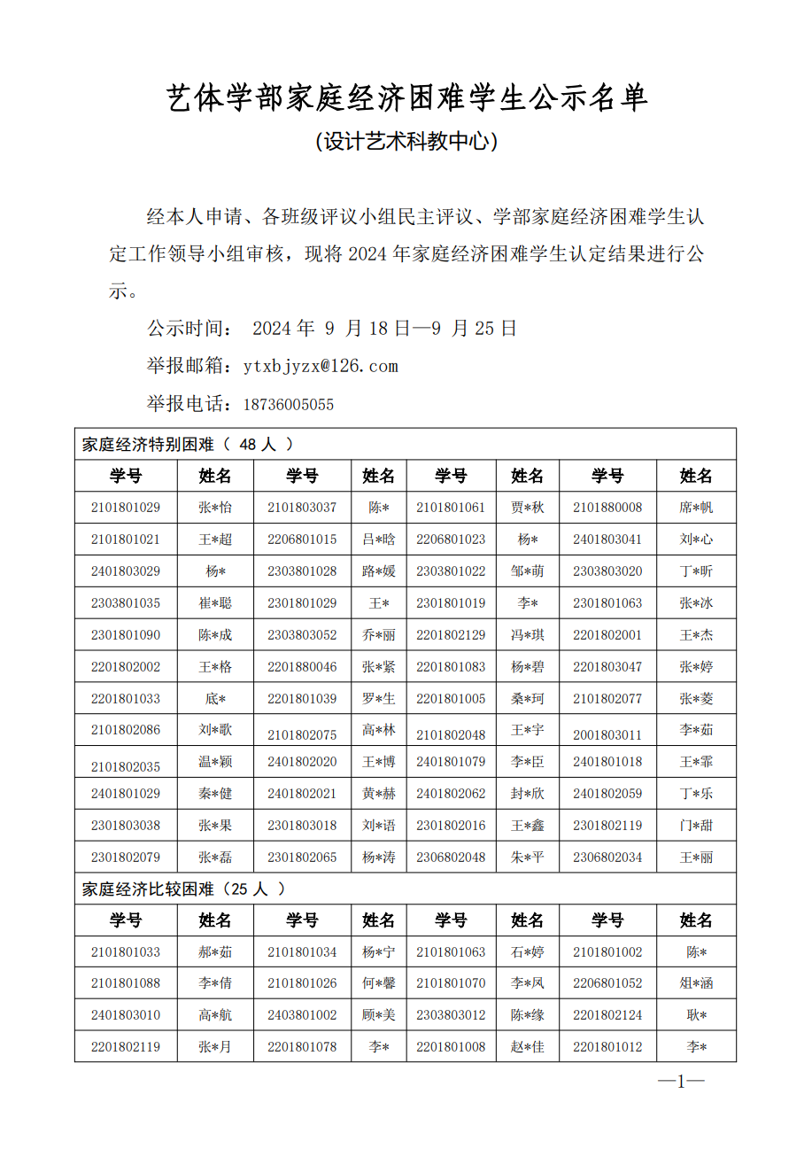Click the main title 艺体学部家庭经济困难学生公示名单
tap(406, 98)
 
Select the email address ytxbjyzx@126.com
tap(321, 366)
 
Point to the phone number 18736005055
tap(289, 405)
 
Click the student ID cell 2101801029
tap(126, 508)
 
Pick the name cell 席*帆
tap(696, 508)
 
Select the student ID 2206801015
tap(302, 540)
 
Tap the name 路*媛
tap(378, 571)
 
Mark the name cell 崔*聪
tap(215, 603)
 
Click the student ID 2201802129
tap(451, 635)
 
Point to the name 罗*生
tap(378, 699)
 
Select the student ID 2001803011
tap(607, 734)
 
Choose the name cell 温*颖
tap(215, 762)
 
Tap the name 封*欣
tap(527, 794)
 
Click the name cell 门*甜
tap(696, 826)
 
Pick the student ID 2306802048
tap(451, 858)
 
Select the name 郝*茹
tap(215, 952)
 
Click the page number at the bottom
tap(681, 1082)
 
